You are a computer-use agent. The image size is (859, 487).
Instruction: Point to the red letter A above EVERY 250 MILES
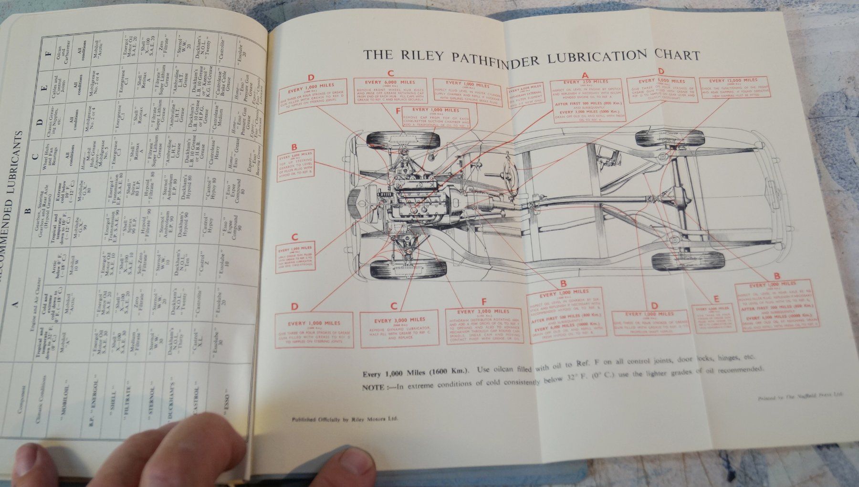point(585,75)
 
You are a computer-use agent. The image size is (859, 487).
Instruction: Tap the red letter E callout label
point(715,299)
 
